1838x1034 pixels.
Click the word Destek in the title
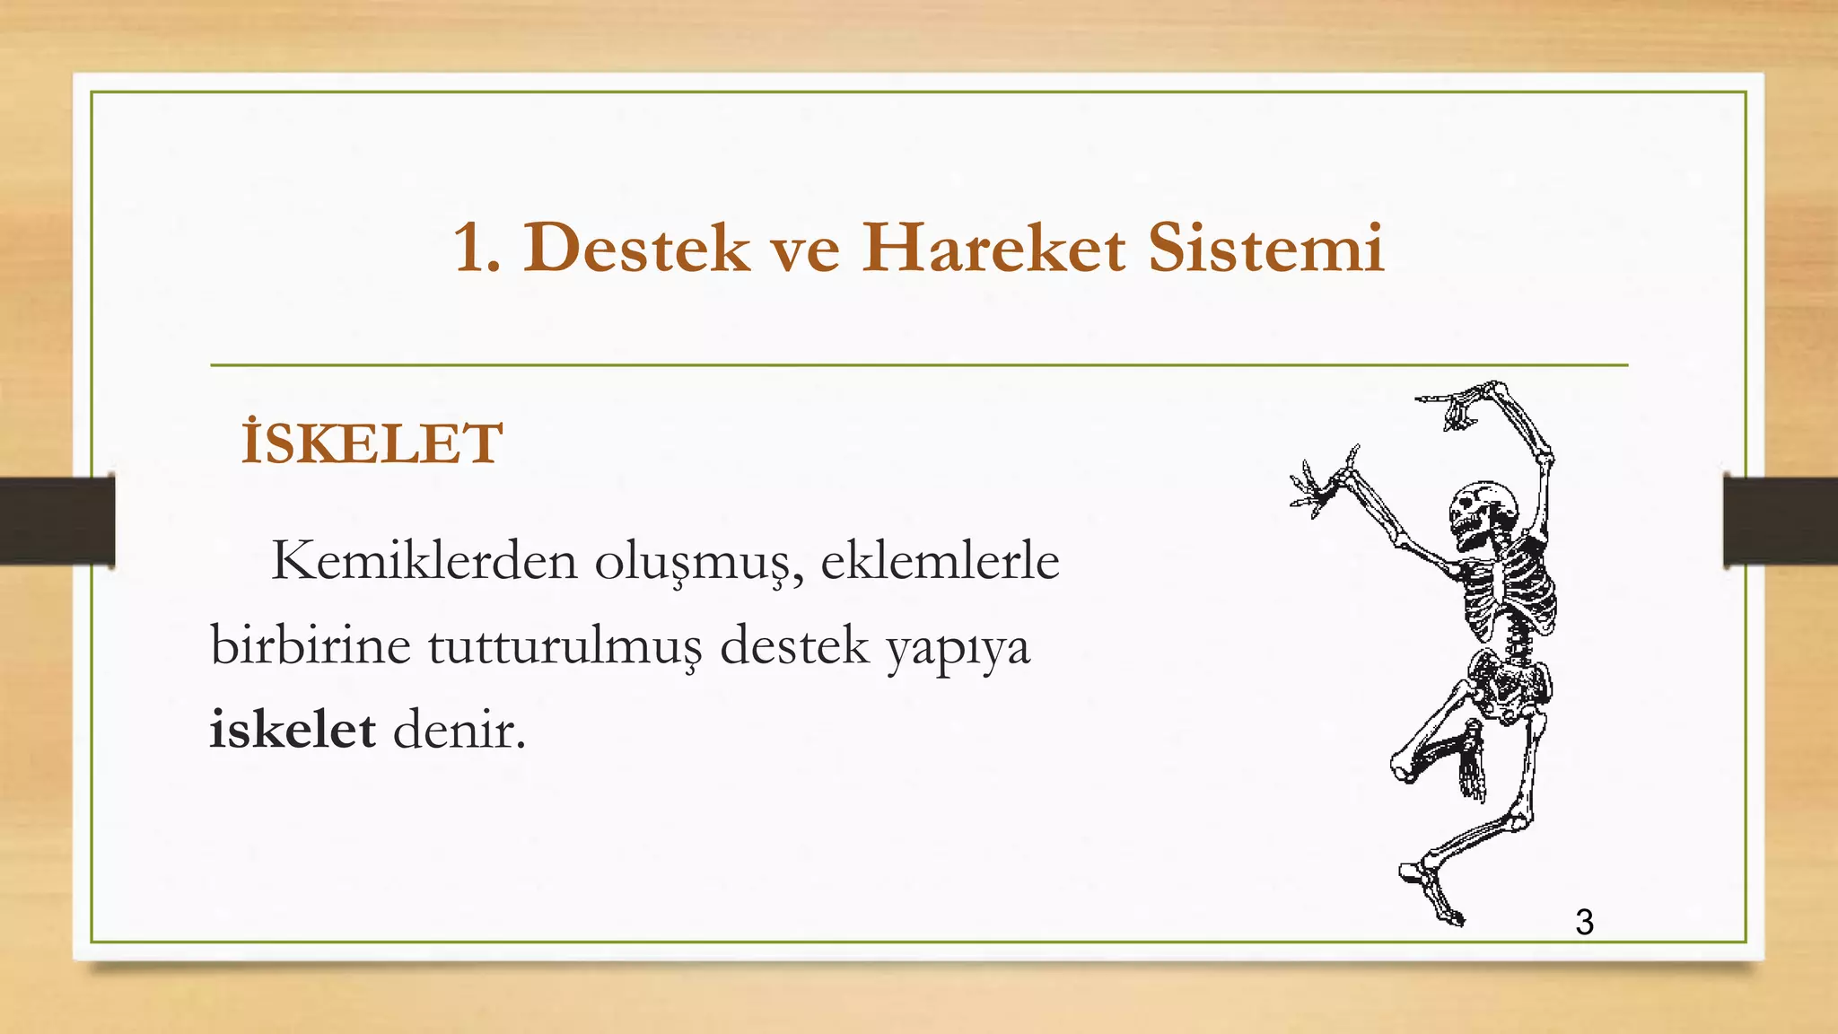point(636,248)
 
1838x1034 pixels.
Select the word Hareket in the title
point(993,248)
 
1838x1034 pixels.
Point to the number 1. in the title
point(477,249)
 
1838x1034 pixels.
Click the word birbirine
point(310,645)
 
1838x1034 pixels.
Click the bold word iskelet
point(293,729)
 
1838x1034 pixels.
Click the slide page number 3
point(1584,923)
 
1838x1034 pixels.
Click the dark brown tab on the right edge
point(1780,521)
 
